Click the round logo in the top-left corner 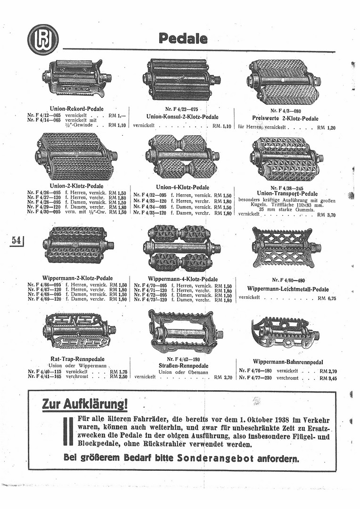coord(43,40)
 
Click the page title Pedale coord(182,39)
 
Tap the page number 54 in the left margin coord(16,240)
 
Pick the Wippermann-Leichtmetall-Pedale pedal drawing coord(286,247)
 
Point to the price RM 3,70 coord(327,214)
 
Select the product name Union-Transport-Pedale coord(287,193)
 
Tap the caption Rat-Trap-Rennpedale coord(77,359)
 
